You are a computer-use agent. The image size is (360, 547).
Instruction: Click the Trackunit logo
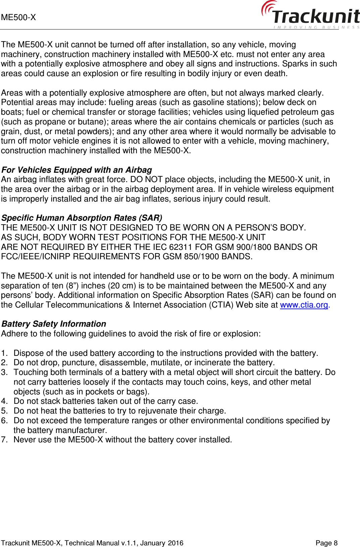point(310,15)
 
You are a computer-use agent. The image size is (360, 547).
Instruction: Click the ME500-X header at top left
point(18,17)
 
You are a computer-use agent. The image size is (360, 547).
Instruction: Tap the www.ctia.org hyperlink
point(304,305)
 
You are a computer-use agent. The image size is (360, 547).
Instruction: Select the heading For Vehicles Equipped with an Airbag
point(76,170)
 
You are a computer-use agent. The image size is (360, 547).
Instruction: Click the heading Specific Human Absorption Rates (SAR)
point(82,218)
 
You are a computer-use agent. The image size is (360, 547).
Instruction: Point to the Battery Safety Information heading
point(54,324)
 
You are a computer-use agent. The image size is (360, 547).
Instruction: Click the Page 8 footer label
point(326,543)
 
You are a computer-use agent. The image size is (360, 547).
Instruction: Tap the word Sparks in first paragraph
point(296,64)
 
